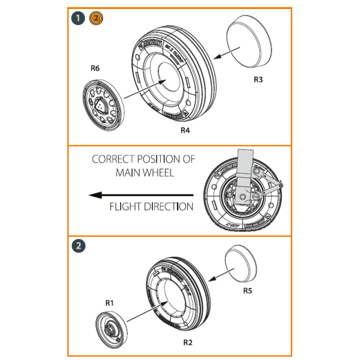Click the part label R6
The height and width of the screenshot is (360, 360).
[x=95, y=68]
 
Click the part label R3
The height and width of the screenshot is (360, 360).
[x=257, y=79]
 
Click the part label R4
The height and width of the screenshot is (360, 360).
[x=185, y=130]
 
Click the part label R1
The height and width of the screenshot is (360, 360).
[x=109, y=304]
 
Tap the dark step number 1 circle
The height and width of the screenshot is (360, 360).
[x=77, y=19]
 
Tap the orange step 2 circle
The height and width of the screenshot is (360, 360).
[x=95, y=19]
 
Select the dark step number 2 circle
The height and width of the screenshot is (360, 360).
[x=77, y=245]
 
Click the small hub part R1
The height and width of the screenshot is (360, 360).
[x=110, y=329]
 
